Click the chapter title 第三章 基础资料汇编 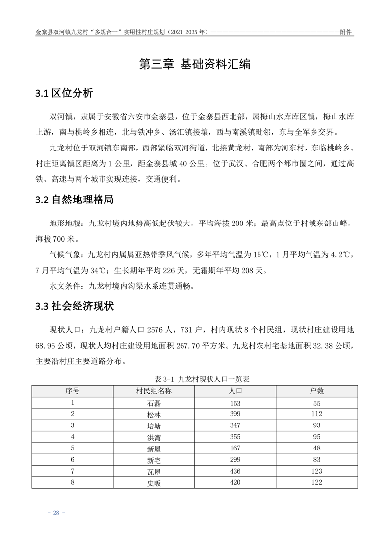pyautogui.click(x=195, y=64)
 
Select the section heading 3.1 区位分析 pyautogui.click(x=64, y=94)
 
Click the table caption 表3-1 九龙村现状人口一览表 pyautogui.click(x=195, y=379)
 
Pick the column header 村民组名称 pyautogui.click(x=154, y=391)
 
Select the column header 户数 pyautogui.click(x=316, y=391)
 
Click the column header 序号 pyautogui.click(x=73, y=391)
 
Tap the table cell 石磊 pyautogui.click(x=154, y=403)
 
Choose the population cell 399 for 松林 pyautogui.click(x=235, y=414)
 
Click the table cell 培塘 pyautogui.click(x=154, y=425)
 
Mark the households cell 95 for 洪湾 pyautogui.click(x=316, y=437)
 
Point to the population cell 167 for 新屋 pyautogui.click(x=235, y=448)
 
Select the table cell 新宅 pyautogui.click(x=154, y=460)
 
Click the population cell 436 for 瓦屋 pyautogui.click(x=235, y=471)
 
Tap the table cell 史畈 pyautogui.click(x=154, y=483)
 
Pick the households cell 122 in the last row pyautogui.click(x=316, y=483)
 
